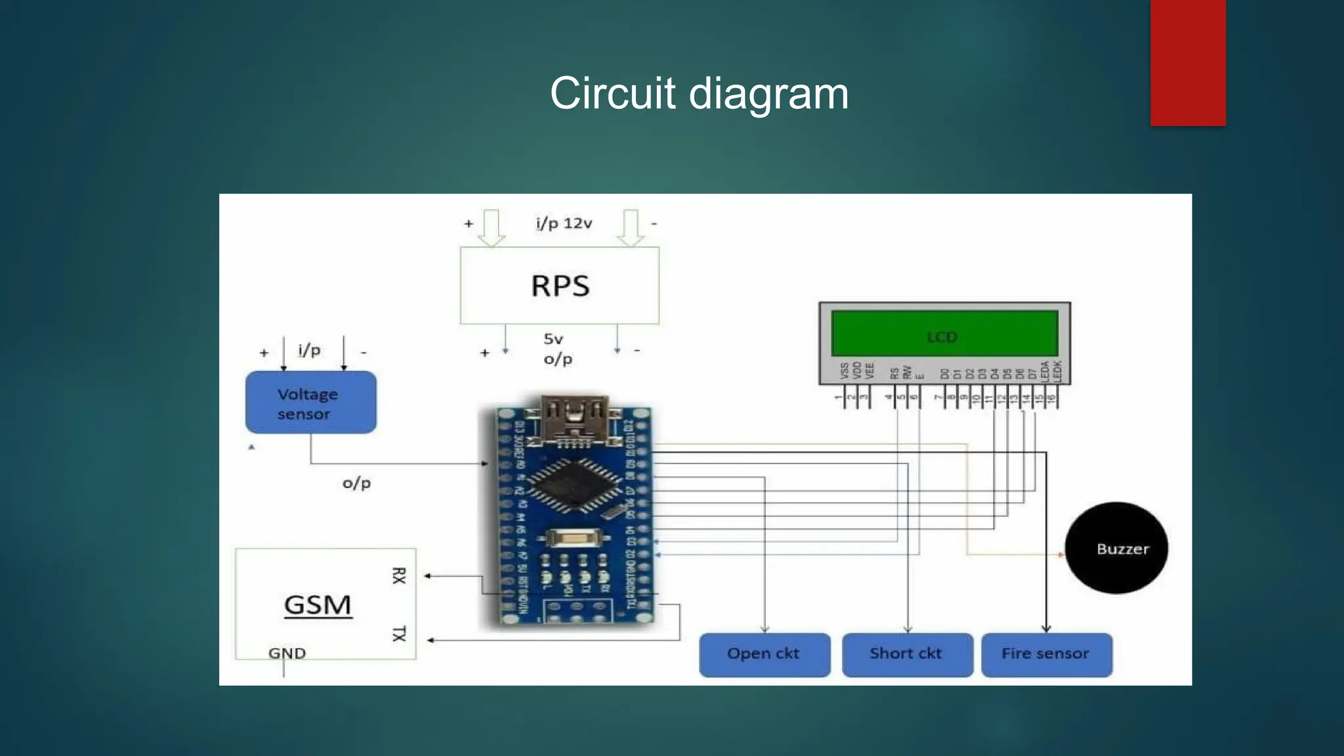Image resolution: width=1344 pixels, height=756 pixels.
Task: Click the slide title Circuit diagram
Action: [699, 93]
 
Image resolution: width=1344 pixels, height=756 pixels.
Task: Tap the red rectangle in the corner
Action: [1188, 62]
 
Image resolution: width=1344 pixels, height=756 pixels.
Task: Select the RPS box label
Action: [560, 286]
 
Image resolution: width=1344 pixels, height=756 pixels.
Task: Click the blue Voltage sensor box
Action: [311, 402]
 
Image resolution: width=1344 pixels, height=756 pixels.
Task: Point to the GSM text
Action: [318, 604]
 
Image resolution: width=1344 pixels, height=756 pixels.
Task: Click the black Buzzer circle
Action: [1116, 549]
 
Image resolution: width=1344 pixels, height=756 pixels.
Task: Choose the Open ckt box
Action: [765, 654]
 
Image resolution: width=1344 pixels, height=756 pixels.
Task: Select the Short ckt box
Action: [907, 654]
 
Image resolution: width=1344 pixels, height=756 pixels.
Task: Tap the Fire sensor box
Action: [1046, 654]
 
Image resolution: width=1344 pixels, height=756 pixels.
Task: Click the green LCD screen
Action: [944, 334]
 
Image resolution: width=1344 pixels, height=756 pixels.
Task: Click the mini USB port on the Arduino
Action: [574, 417]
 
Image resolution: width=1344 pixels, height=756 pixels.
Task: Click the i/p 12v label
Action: [564, 224]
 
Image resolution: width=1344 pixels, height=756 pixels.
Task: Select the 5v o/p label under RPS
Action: [557, 348]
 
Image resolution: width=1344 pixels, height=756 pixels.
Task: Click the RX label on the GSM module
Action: [399, 576]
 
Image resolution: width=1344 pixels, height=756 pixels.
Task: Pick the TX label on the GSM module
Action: [399, 633]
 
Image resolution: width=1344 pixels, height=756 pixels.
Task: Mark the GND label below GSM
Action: [287, 653]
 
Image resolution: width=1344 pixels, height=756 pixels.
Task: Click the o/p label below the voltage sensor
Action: [356, 484]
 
